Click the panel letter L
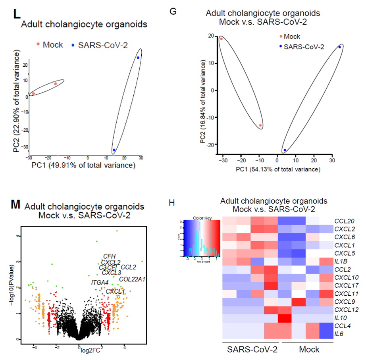coord(16,14)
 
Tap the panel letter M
coord(15,204)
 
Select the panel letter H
coord(172,203)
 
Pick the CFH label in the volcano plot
coord(109,256)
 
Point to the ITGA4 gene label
coord(100,283)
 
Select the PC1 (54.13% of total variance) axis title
coord(277,169)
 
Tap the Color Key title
coord(201,218)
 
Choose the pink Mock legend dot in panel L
coord(38,45)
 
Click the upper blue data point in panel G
coord(339,47)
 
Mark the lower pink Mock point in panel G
coord(260,125)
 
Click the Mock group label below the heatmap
coord(309,350)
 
